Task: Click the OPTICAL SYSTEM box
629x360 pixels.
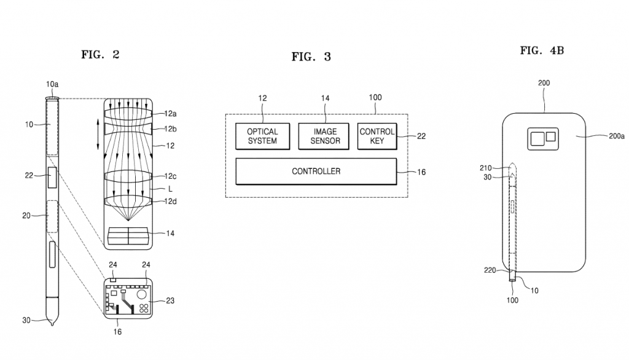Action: [x=262, y=136]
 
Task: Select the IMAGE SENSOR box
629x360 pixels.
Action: [x=324, y=136]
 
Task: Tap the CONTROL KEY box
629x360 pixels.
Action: [x=377, y=136]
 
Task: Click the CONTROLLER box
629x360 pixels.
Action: [x=316, y=171]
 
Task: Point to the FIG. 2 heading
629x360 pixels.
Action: [x=100, y=55]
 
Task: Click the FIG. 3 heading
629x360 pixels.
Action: [x=311, y=57]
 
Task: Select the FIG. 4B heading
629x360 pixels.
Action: [x=542, y=50]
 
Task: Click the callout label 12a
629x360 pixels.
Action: [x=171, y=114]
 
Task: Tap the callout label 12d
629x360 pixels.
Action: [x=171, y=201]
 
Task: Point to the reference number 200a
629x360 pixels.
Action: [x=617, y=136]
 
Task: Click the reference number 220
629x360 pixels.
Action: [x=490, y=270]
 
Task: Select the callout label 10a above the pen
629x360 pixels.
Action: [x=52, y=84]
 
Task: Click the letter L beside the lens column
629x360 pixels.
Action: [x=170, y=189]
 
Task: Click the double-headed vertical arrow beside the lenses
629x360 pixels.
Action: [x=98, y=134]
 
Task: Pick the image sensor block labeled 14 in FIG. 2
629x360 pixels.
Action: [x=128, y=235]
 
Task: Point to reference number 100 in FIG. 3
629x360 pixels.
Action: [x=375, y=98]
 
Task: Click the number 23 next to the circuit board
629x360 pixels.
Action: [x=170, y=300]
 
